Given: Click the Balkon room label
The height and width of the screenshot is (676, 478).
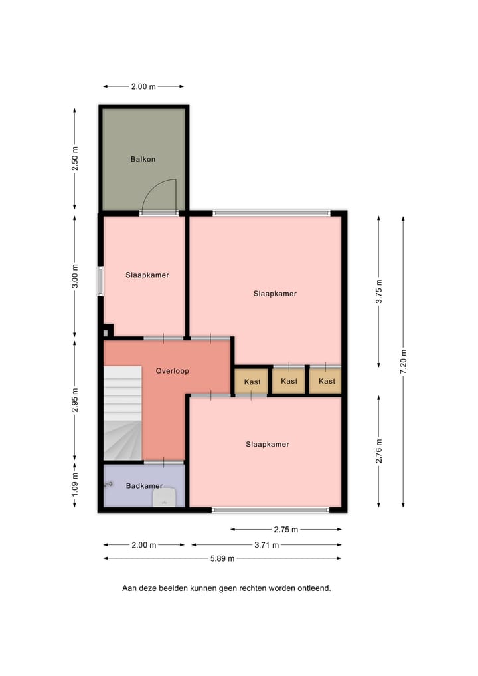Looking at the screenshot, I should (x=143, y=159).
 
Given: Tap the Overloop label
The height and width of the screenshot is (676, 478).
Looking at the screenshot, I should (x=173, y=370).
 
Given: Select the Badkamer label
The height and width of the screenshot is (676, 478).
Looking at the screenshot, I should (x=144, y=485).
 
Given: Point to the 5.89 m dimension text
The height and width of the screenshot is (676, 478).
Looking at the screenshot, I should (x=222, y=558).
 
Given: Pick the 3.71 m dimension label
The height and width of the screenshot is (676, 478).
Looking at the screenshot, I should (x=266, y=545).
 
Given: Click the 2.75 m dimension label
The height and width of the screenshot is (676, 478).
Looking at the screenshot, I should (x=286, y=529).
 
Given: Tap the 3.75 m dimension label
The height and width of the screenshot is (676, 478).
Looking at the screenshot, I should (x=378, y=291).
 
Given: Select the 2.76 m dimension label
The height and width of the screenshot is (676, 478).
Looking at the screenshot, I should (x=378, y=451).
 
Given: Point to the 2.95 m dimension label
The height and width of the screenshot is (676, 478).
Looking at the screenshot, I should (x=75, y=400).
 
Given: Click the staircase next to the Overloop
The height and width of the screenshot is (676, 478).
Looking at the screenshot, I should (x=123, y=412).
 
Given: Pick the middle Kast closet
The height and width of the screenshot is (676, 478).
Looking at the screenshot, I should (x=289, y=381).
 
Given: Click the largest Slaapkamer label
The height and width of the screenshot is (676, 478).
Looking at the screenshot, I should (x=275, y=293).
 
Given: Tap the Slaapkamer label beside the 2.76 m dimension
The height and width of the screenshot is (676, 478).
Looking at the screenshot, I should (x=268, y=444).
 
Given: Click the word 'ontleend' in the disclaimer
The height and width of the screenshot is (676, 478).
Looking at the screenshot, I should (x=315, y=588).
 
